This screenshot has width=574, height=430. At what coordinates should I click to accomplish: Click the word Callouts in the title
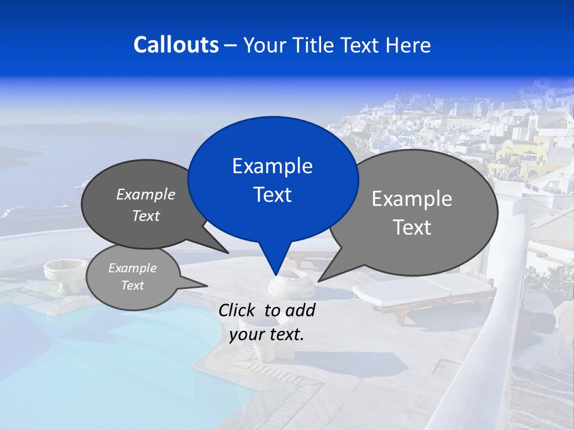click(176, 45)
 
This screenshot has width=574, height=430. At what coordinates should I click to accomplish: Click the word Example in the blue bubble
click(272, 166)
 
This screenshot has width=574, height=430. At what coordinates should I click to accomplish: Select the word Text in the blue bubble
click(272, 195)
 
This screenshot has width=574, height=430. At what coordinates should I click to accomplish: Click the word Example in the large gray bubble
click(412, 199)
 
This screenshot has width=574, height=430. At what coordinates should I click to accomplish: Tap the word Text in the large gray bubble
click(412, 228)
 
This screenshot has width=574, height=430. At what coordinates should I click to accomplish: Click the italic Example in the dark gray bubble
click(146, 195)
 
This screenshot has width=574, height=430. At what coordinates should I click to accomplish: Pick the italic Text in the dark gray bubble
click(146, 216)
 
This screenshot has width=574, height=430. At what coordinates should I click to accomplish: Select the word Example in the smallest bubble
click(133, 268)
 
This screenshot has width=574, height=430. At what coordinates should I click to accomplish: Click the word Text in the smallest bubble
click(133, 285)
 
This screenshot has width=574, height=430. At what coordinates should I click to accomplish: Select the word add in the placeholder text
click(300, 310)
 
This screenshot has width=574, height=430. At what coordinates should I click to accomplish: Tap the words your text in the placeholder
click(267, 334)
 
